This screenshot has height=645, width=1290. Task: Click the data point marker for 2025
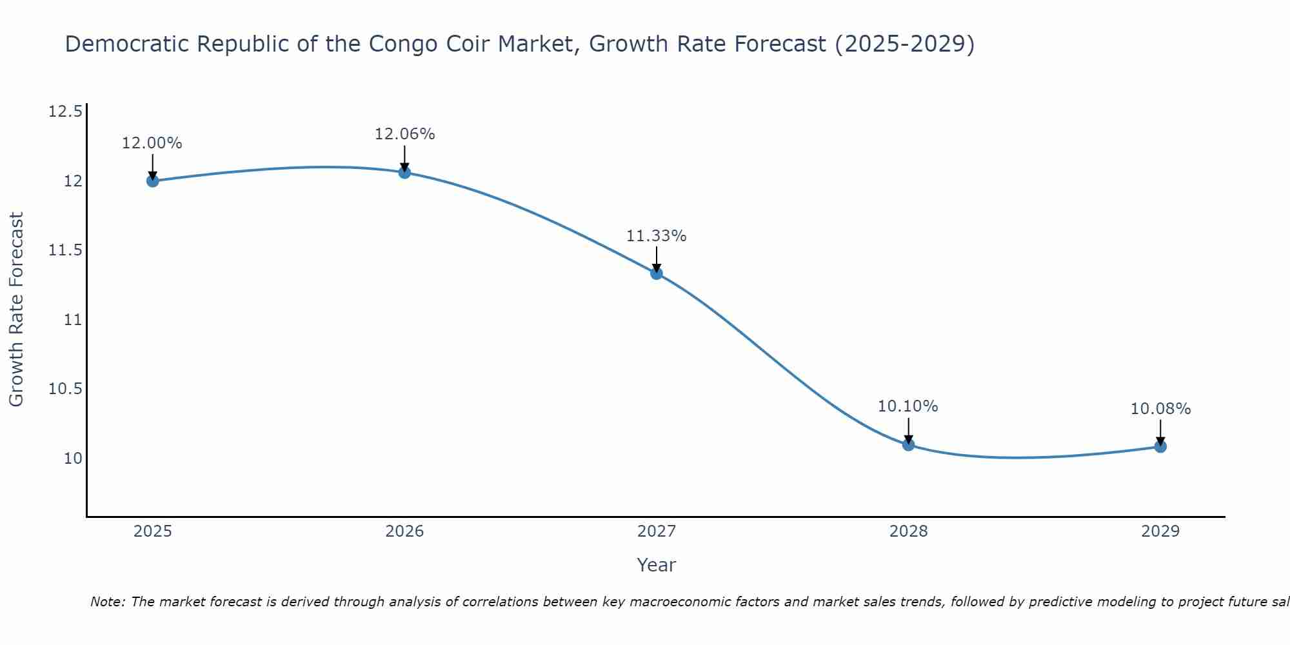point(153,181)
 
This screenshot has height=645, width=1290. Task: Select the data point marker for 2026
point(404,172)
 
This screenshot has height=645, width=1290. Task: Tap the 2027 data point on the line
point(657,273)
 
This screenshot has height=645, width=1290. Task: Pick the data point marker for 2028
point(908,444)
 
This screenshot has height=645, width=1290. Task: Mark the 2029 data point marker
point(1160,446)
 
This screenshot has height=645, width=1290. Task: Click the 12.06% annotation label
point(404,134)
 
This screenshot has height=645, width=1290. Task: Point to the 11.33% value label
point(657,236)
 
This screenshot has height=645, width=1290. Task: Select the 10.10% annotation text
point(908,406)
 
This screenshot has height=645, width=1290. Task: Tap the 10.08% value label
point(1160,409)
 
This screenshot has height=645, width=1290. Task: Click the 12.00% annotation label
point(152,143)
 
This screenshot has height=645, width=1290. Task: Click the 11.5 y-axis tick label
point(65,250)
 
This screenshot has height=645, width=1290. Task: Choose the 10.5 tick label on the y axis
point(65,389)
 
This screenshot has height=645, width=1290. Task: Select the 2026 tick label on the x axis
point(404,531)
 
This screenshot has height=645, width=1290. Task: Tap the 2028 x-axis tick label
point(908,531)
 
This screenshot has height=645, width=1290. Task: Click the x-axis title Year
point(657,565)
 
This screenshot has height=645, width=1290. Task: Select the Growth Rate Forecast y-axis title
point(17,310)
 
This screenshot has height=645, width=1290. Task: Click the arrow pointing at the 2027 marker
point(657,259)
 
